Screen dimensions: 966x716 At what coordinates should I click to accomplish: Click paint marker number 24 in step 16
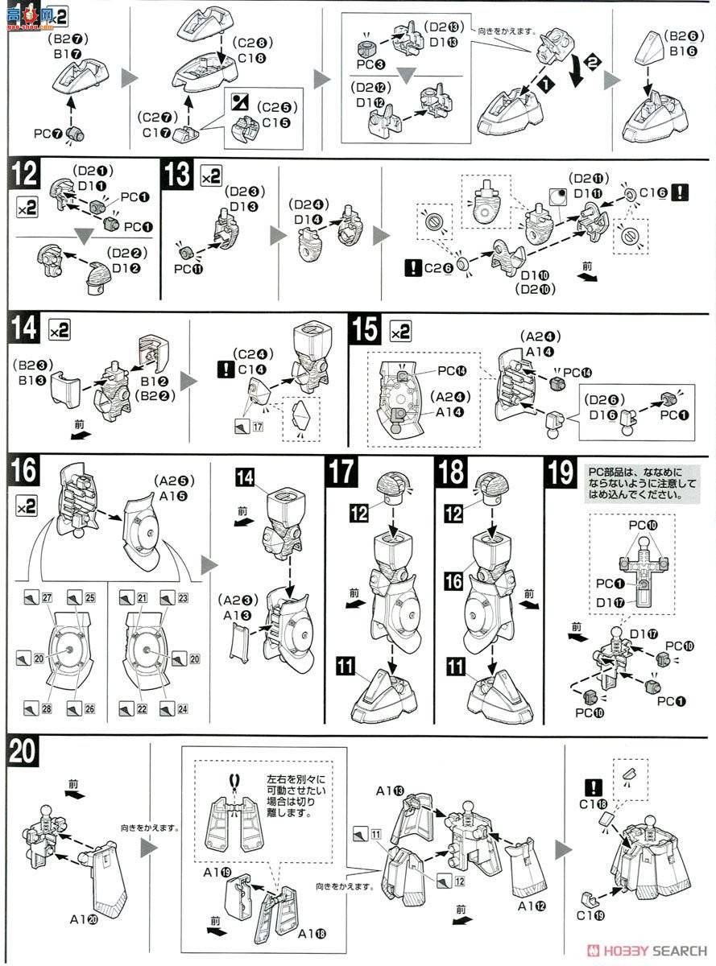click(168, 708)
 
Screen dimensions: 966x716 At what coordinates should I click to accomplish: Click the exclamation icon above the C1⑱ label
click(593, 785)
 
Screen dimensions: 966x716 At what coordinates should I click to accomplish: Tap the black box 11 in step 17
click(346, 666)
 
